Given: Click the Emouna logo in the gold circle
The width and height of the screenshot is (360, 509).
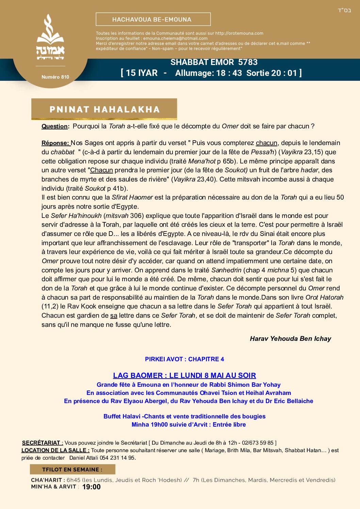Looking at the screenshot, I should click(x=50, y=37).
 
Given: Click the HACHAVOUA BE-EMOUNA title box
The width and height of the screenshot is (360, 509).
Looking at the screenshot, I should click(x=153, y=19).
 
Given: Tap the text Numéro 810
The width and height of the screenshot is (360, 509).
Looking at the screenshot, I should click(x=55, y=77).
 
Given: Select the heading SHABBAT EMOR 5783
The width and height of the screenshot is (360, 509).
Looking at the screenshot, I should click(x=214, y=62).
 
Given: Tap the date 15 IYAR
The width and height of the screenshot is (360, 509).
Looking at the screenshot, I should click(x=142, y=73).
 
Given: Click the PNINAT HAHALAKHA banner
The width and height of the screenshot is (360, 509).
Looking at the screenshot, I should click(x=104, y=109).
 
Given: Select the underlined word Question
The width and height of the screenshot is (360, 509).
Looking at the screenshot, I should click(x=54, y=126).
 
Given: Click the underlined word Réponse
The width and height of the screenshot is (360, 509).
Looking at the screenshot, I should click(x=55, y=143).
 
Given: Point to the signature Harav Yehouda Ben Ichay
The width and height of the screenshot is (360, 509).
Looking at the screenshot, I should click(x=290, y=339).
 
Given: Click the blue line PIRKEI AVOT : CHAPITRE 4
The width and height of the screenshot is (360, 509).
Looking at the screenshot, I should click(x=184, y=359).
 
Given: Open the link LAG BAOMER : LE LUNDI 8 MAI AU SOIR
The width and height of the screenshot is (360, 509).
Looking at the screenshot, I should click(x=184, y=376).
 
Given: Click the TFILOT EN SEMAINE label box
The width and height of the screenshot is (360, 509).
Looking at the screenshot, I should click(x=72, y=470).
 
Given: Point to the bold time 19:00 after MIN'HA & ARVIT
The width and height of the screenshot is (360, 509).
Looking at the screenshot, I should click(x=91, y=487).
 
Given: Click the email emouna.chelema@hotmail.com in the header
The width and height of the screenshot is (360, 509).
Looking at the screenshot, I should click(x=175, y=38).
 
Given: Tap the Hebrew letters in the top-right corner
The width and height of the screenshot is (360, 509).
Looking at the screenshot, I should click(x=344, y=10).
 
